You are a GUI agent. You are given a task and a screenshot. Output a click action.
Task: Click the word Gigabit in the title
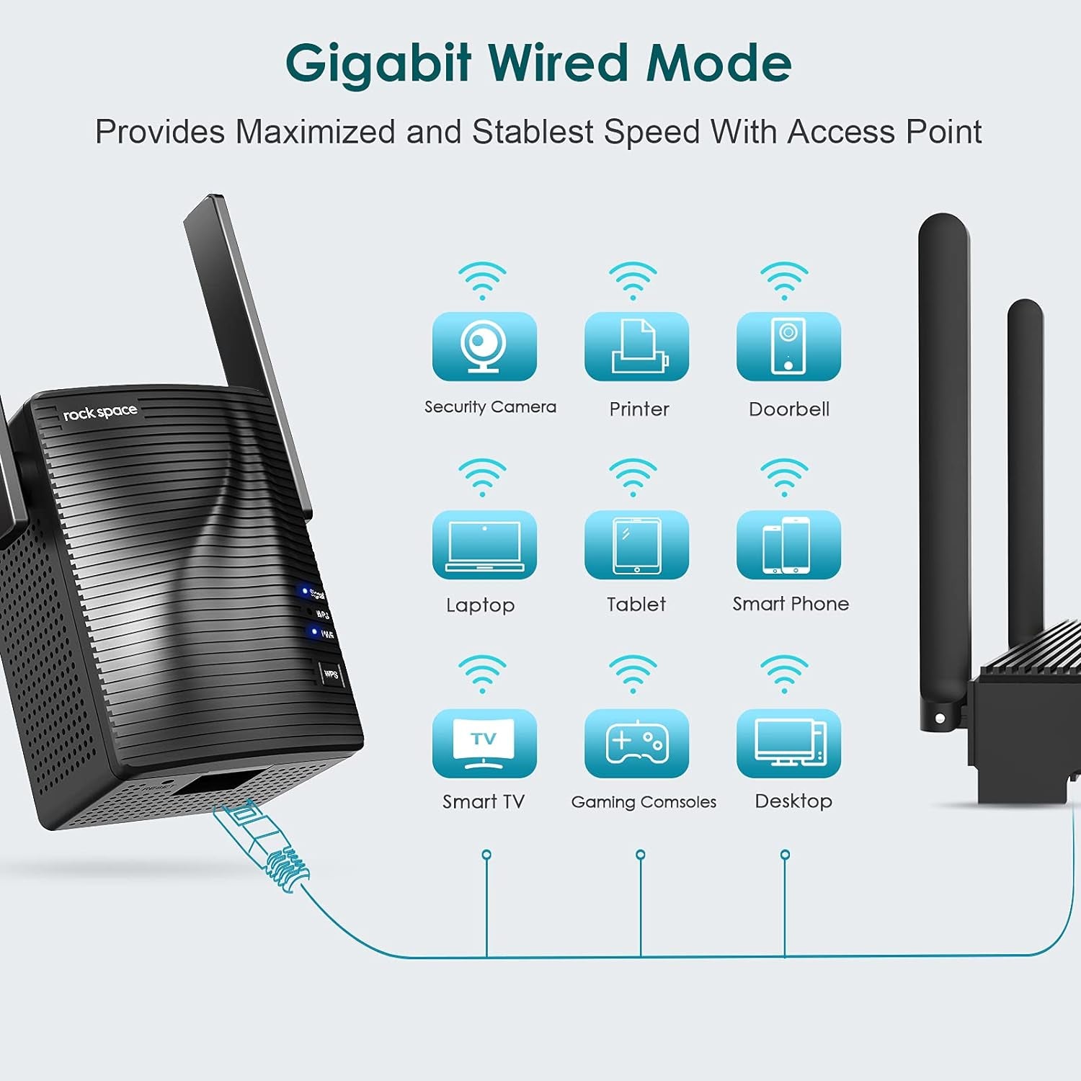(x=378, y=63)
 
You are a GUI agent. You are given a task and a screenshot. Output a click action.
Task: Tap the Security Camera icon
(x=484, y=347)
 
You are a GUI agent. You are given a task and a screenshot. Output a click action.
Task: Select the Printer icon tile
(x=636, y=347)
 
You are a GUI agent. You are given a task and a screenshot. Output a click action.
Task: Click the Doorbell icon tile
(x=788, y=347)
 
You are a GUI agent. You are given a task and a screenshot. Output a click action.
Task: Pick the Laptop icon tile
(x=484, y=545)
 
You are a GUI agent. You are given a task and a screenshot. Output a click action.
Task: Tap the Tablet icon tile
(x=636, y=545)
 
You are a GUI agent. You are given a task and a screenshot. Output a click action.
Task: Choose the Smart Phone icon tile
(x=788, y=545)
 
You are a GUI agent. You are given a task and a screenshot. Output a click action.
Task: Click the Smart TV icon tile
(x=484, y=743)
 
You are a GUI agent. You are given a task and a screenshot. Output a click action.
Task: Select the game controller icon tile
(x=636, y=743)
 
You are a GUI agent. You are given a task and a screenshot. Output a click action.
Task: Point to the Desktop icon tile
(x=788, y=743)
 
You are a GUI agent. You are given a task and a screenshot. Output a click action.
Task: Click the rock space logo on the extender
(x=99, y=413)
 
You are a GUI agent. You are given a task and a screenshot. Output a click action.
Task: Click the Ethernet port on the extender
(x=216, y=786)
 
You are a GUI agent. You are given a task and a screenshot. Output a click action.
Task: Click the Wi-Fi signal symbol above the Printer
(x=633, y=280)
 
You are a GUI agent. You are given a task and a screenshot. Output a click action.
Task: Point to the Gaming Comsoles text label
(x=644, y=802)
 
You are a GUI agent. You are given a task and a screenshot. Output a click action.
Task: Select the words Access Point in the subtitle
(x=884, y=132)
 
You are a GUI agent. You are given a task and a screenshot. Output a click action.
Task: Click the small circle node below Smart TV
(x=486, y=855)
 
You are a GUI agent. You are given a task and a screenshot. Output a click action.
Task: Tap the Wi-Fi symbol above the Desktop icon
(x=784, y=673)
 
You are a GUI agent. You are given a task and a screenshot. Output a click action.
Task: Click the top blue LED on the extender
(x=304, y=591)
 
